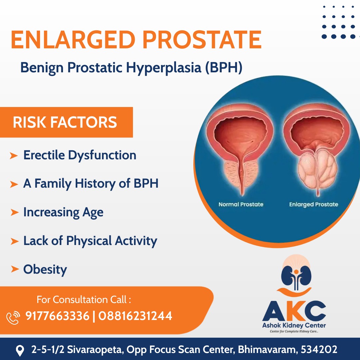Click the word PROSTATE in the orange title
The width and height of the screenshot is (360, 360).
point(202,40)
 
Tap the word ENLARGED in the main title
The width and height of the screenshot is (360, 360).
point(73,40)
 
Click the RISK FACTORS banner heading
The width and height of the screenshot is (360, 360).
point(65,122)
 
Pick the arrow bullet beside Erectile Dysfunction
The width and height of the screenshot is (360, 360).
point(14,156)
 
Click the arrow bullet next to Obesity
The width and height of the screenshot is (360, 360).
point(15,269)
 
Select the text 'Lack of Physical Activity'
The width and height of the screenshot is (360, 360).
point(90,241)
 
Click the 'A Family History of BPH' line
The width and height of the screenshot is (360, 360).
point(91,184)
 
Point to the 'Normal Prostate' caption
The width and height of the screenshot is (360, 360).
point(241,204)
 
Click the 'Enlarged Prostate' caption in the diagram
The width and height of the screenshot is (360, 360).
point(314,204)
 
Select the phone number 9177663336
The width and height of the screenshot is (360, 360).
point(57,316)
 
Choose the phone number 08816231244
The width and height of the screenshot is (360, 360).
point(135,316)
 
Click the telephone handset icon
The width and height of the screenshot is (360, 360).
point(13,318)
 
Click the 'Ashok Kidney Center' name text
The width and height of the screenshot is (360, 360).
point(294,325)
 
